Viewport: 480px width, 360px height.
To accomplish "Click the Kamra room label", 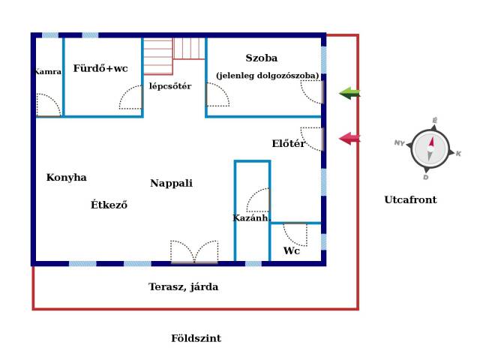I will tap(47, 72).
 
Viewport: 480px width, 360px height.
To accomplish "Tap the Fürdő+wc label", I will tap(100, 68).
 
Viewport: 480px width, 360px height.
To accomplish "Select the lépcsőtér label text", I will tap(169, 86).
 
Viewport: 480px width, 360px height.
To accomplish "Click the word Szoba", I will tap(261, 58).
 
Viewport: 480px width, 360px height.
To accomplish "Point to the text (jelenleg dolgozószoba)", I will tap(267, 76).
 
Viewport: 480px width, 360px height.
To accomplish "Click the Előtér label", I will tap(288, 144).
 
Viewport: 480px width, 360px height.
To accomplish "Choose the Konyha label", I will tap(66, 178).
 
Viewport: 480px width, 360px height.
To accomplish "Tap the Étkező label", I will tap(109, 205).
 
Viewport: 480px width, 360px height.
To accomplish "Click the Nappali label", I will tap(171, 183).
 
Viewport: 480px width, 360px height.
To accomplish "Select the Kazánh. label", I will tap(250, 218).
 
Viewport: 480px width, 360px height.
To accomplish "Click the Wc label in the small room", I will tap(291, 251).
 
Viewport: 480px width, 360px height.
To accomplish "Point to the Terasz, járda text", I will tap(183, 286).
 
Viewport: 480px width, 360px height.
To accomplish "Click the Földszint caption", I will tap(196, 338).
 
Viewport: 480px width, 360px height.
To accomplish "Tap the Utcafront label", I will tap(410, 200).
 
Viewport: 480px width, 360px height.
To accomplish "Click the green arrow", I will tap(349, 93).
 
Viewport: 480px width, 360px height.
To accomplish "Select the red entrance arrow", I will tap(349, 139).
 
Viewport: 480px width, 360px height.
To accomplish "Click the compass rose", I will tap(430, 148).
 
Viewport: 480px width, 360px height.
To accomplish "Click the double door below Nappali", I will tap(194, 252).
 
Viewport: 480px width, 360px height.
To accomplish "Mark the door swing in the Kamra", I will tap(47, 105).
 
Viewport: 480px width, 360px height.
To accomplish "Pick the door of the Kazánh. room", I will tap(258, 200).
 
